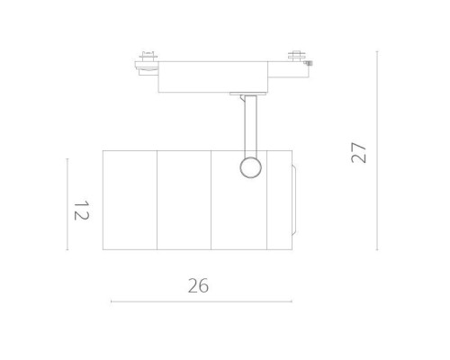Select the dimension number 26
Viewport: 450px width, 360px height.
pyautogui.click(x=198, y=286)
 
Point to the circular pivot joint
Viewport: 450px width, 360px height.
pyautogui.click(x=247, y=166)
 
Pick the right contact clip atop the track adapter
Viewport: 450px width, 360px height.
pyautogui.click(x=294, y=57)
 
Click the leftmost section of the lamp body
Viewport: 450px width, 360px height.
pyautogui.click(x=130, y=200)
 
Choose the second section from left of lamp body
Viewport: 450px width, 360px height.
pyautogui.click(x=184, y=200)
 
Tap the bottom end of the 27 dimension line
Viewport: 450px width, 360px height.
pyautogui.click(x=377, y=250)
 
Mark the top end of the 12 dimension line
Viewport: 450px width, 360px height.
pyautogui.click(x=67, y=158)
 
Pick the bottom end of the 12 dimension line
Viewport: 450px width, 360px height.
pyautogui.click(x=67, y=249)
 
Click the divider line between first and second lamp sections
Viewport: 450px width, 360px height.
pyautogui.click(x=157, y=200)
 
